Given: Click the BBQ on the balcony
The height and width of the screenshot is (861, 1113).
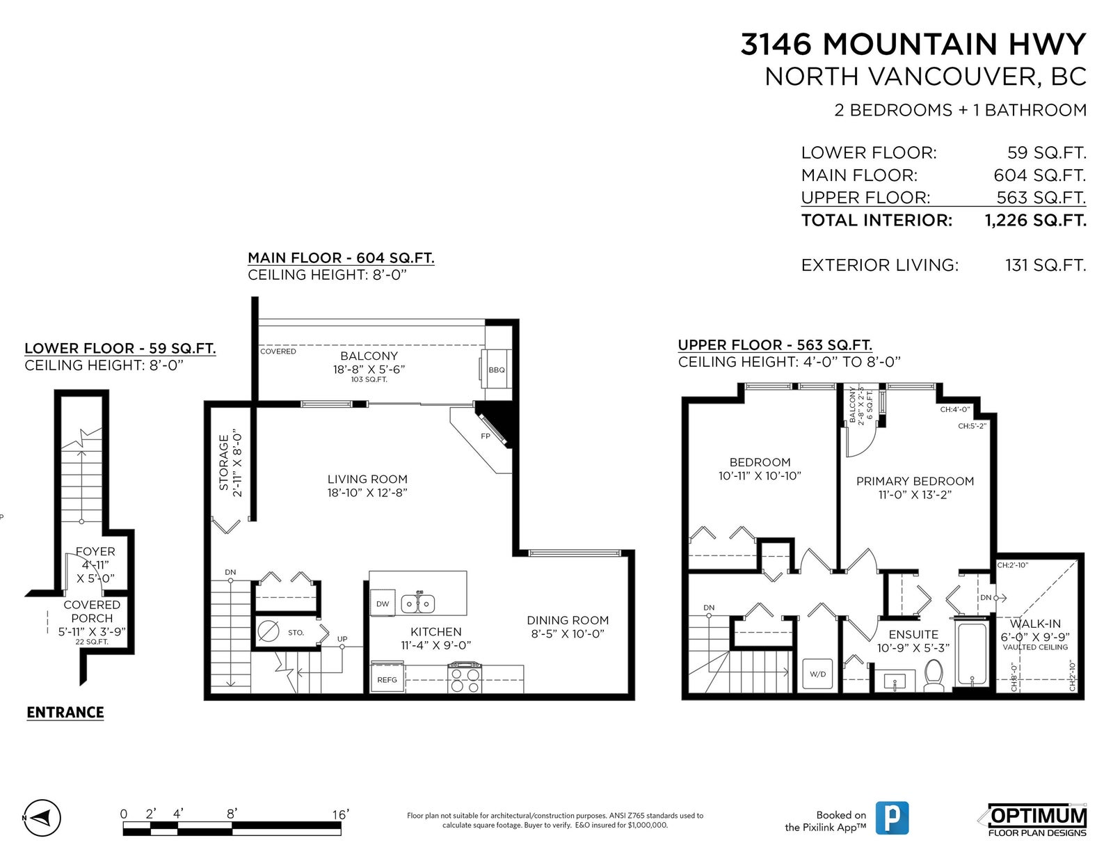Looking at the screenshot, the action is [496, 370].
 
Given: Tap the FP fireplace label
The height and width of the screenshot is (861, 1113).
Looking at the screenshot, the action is [486, 436].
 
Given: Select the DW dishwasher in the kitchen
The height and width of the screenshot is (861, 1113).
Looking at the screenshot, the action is [383, 603].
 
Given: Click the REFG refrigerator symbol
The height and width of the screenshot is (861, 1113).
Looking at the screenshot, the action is [387, 679].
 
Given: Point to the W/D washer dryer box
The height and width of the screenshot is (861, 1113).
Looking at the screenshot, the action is [817, 674].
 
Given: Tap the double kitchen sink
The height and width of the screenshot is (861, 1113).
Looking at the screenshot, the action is [418, 603].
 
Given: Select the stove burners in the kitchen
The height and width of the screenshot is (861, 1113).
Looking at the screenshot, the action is [464, 677].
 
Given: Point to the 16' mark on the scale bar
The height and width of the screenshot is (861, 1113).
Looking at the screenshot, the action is [341, 814].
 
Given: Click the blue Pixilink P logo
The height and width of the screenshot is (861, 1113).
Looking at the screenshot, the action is [892, 818].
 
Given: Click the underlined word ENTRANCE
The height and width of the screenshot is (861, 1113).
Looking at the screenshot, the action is [65, 712].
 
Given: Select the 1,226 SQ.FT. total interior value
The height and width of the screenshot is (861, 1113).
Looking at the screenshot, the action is [1035, 221].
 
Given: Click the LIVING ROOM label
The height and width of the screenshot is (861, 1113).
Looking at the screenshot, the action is [367, 479].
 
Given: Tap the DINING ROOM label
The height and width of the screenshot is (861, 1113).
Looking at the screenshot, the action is [568, 620].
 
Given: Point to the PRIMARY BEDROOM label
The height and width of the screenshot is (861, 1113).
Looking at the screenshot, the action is [915, 481].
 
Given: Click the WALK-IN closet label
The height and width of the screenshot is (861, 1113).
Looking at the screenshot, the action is [1035, 624].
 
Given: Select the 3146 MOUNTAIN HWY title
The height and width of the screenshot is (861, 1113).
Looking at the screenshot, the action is [913, 44].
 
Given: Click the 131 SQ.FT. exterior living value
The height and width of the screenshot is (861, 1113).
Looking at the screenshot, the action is [1046, 265].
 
